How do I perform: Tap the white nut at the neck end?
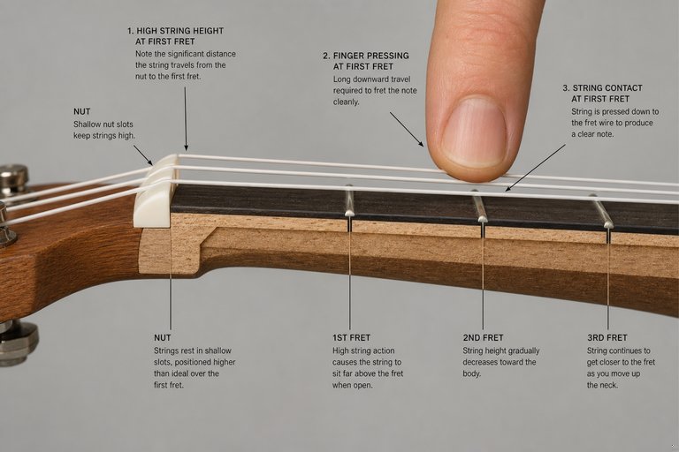coord(155,192)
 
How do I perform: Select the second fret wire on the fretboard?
coord(479,206)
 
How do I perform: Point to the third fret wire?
coord(602,211)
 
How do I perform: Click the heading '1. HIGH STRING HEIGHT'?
coord(175,31)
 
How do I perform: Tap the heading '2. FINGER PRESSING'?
coord(366,56)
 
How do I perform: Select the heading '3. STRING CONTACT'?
coord(602,87)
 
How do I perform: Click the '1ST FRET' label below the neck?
coord(351,337)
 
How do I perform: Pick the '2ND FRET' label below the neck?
coord(483,337)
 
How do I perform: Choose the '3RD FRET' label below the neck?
coord(607,337)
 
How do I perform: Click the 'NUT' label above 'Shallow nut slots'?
coord(82,111)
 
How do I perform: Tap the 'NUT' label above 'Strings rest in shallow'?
coord(163,337)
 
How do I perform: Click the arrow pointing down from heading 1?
coord(186,118)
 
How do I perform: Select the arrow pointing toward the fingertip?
coord(407,129)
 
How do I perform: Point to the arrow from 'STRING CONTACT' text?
coord(535,168)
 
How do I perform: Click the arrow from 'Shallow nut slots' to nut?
coord(143,154)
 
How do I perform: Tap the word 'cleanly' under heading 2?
coord(346,102)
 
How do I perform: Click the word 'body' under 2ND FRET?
coord(471,373)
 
